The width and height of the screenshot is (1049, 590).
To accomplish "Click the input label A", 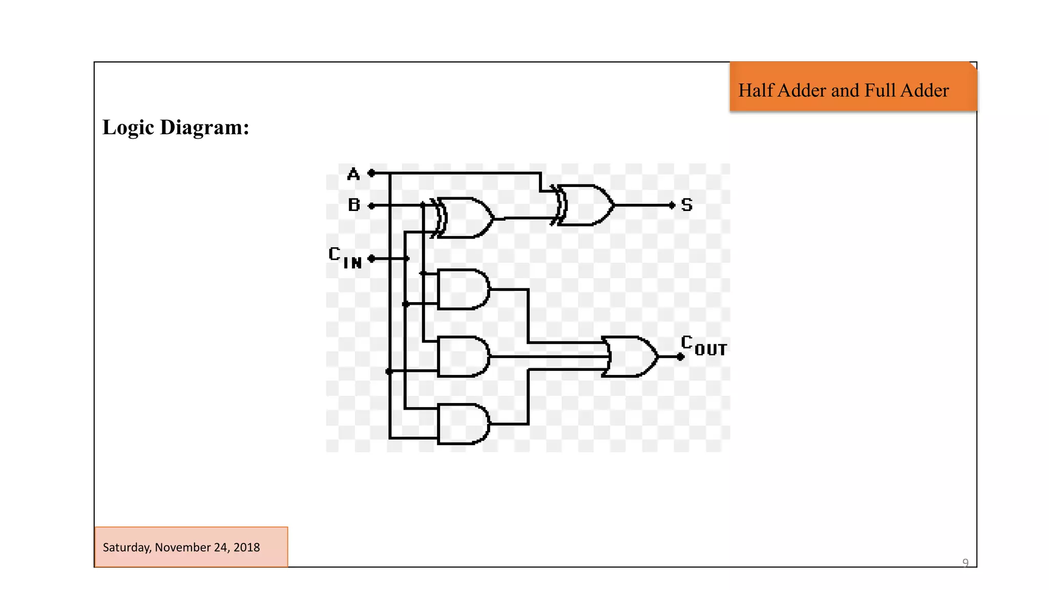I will (353, 174).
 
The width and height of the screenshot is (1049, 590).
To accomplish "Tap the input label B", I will (354, 205).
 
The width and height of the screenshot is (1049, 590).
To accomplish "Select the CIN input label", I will (345, 258).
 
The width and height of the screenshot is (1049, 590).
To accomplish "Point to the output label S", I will (687, 205).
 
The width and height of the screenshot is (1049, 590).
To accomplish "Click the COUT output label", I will (704, 346).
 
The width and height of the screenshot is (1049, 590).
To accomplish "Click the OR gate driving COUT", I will (631, 356).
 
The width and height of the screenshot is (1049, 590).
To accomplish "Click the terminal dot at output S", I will (673, 205).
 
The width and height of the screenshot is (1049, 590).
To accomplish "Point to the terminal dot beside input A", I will (372, 173).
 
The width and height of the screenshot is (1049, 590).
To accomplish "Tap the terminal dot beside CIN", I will (372, 259).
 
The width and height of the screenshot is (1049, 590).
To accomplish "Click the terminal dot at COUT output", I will (680, 357).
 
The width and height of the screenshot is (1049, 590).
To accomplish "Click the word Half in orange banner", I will (756, 90).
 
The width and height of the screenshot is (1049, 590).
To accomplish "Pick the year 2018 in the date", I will (246, 547).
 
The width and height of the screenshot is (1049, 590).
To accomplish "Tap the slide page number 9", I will (965, 563).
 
